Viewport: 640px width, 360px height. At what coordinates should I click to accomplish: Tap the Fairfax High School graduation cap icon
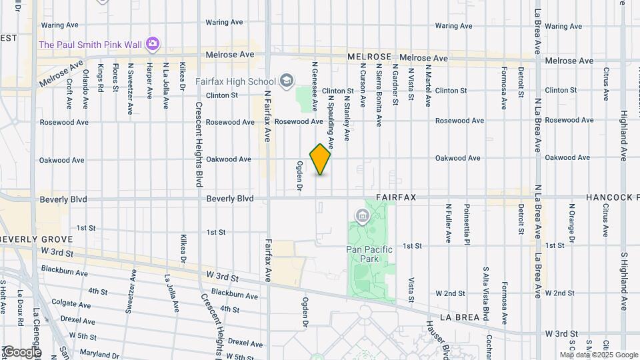pos(287,81)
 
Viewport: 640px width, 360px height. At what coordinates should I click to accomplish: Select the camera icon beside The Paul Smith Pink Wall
pos(153,44)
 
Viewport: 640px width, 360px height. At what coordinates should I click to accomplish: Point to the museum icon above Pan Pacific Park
pos(363,215)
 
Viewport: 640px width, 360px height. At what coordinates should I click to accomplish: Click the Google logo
pos(21,352)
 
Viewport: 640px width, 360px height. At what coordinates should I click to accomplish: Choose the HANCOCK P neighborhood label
pos(613,198)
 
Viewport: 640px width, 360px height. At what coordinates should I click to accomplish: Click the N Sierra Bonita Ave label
pos(379,95)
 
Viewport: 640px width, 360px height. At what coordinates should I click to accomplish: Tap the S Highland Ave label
pos(624,281)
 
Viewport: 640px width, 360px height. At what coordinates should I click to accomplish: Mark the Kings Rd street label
pos(101,79)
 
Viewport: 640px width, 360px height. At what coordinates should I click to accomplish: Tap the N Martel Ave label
pos(428,82)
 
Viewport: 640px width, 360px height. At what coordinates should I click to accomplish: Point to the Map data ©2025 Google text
pos(599,355)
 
